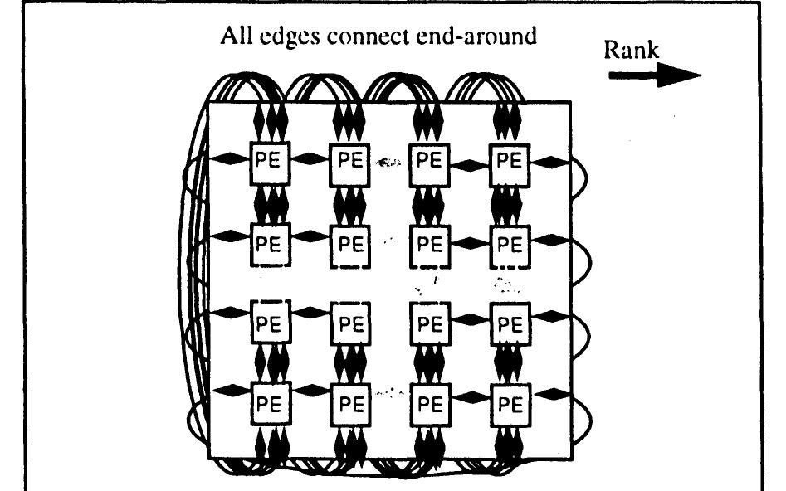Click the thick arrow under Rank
654,75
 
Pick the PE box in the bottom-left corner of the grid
271,403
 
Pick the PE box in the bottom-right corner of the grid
510,403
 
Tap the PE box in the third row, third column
431,323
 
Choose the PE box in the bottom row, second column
351,403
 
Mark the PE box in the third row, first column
271,323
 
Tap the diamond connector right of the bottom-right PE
550,403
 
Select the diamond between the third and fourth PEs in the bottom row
471,403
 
